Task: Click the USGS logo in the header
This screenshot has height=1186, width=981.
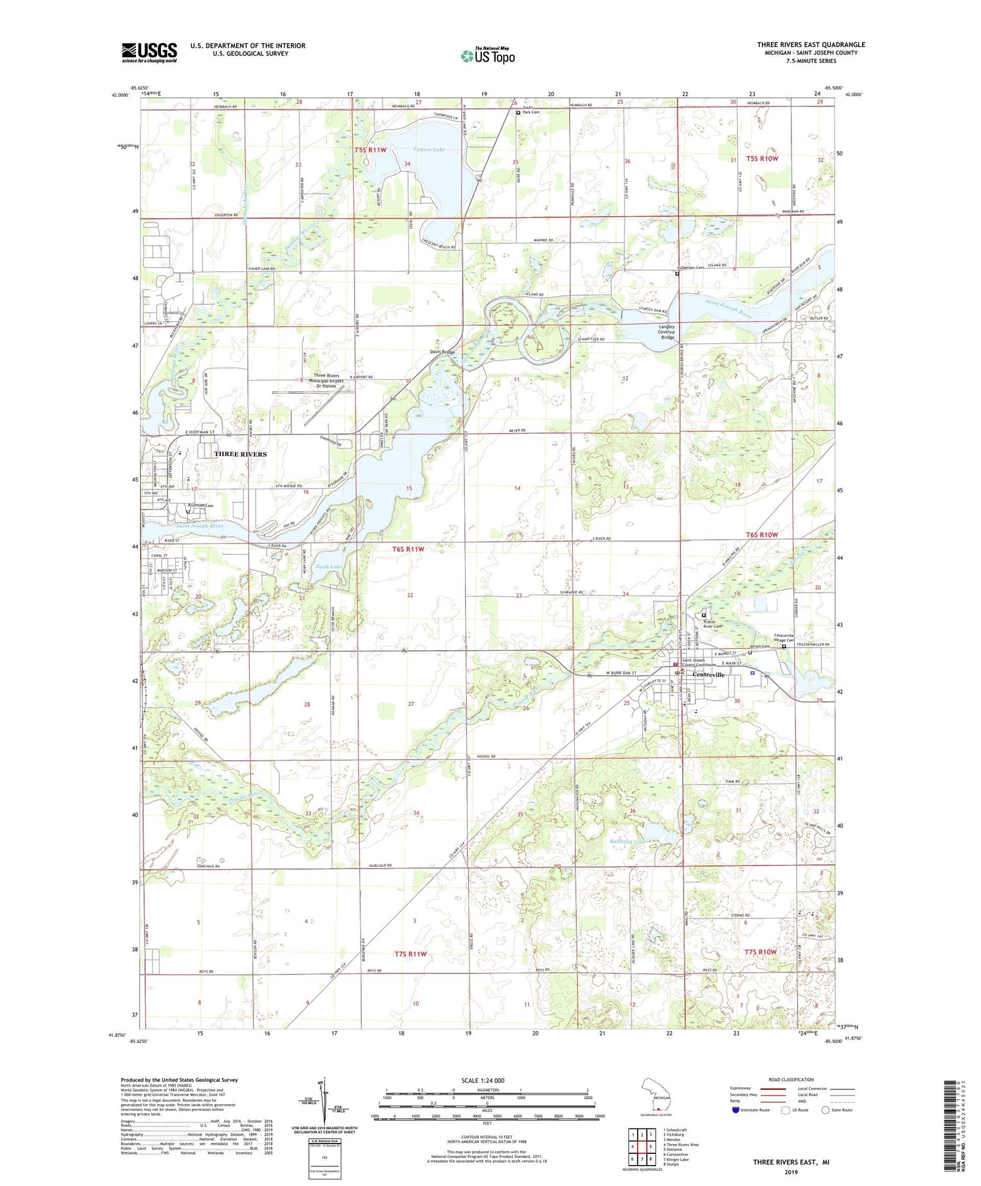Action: [149, 52]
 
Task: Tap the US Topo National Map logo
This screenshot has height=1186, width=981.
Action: [487, 56]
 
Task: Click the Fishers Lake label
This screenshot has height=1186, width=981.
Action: [428, 150]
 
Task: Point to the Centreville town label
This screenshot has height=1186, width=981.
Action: [708, 674]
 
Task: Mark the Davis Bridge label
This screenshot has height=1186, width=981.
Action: [442, 352]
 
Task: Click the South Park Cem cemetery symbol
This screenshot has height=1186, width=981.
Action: [519, 113]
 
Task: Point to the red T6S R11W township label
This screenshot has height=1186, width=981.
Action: [408, 549]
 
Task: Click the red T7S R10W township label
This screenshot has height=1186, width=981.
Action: [761, 951]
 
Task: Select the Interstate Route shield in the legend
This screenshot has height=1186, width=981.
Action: [736, 1109]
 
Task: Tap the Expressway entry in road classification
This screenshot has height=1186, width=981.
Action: [743, 1089]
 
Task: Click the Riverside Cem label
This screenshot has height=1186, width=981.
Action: [201, 506]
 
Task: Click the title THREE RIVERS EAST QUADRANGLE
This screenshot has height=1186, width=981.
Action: [811, 44]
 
